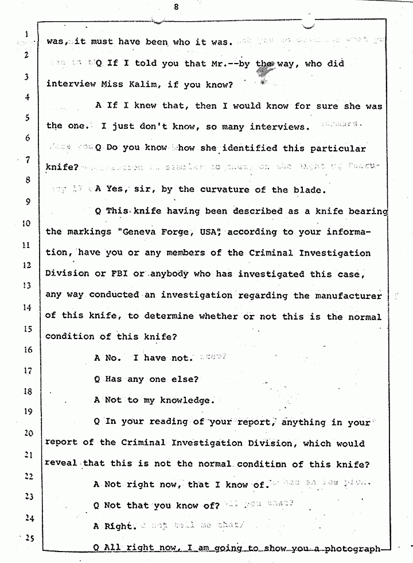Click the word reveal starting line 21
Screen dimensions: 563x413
point(61,463)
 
